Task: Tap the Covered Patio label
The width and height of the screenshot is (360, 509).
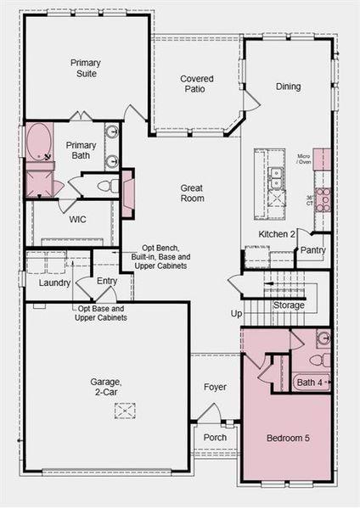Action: (196, 85)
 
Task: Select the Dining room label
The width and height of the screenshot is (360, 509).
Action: (288, 86)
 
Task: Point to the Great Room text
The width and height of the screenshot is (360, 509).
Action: (192, 193)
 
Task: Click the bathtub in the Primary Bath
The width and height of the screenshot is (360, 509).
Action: (38, 146)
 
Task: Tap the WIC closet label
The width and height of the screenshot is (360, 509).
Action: (78, 219)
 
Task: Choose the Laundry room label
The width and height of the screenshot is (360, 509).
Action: (54, 282)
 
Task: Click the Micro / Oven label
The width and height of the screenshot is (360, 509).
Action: (303, 160)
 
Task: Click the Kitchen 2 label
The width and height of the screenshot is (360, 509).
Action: (277, 233)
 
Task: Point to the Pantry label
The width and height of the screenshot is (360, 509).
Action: (312, 250)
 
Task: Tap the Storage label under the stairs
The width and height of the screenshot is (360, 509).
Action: (289, 305)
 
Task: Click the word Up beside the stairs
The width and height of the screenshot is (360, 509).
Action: (236, 313)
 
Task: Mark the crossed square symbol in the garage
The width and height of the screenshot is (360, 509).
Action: (126, 411)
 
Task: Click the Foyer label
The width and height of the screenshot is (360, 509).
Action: (215, 387)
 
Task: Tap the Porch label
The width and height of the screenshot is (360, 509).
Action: (216, 437)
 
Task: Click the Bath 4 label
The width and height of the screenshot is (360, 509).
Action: (309, 383)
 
